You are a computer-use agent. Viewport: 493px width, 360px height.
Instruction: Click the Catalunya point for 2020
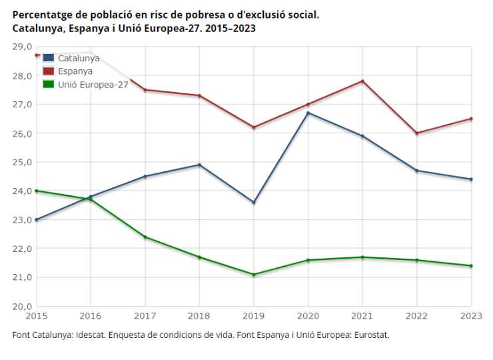[308, 113]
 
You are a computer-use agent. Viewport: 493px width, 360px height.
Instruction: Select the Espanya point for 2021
[362, 81]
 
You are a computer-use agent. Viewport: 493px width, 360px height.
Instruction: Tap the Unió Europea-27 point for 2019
[254, 274]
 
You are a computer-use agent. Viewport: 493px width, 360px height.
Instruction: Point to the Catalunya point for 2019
[254, 202]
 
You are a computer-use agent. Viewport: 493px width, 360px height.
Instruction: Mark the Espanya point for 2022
[417, 133]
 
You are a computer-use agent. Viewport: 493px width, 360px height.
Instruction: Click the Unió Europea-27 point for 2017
[145, 237]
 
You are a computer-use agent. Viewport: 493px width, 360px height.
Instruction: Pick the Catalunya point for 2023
[471, 179]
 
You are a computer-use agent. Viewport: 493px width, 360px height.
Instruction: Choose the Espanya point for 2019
[254, 127]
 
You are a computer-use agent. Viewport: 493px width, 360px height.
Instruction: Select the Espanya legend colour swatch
[49, 71]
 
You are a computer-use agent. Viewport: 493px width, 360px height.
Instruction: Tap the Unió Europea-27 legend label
[93, 84]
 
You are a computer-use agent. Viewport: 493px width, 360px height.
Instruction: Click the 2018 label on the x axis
[199, 315]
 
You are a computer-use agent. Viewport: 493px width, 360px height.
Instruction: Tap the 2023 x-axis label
[470, 315]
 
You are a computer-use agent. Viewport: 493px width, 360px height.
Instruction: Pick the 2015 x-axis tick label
[37, 315]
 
